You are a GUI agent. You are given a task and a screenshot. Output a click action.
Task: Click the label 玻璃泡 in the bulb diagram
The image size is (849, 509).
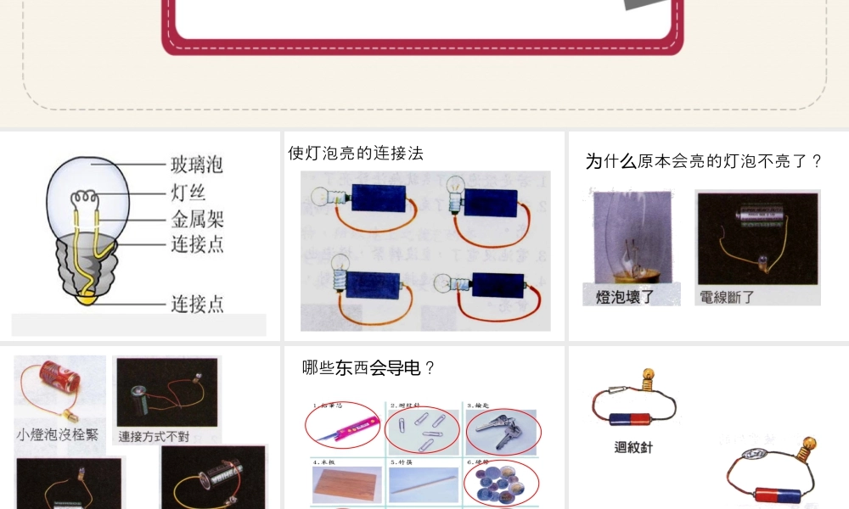point(197,164)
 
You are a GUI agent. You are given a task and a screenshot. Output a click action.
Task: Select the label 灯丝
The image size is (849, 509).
point(188,192)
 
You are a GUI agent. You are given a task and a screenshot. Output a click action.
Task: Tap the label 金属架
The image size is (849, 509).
point(197,220)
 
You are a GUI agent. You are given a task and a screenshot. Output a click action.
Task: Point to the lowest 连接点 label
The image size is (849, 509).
point(197,303)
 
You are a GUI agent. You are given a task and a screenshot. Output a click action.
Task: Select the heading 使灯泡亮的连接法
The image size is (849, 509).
point(355,154)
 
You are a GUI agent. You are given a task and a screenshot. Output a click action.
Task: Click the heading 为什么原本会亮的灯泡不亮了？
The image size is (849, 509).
point(704,161)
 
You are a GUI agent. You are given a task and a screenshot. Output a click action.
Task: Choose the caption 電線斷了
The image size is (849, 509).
point(727,297)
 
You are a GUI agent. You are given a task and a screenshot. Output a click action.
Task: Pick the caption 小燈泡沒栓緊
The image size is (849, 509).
point(58,434)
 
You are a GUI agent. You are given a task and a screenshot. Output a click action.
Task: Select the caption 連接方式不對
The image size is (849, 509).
point(155,437)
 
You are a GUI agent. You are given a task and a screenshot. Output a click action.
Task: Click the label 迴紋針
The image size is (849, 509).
point(633,447)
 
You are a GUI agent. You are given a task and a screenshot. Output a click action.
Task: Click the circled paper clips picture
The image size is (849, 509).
point(423,429)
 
